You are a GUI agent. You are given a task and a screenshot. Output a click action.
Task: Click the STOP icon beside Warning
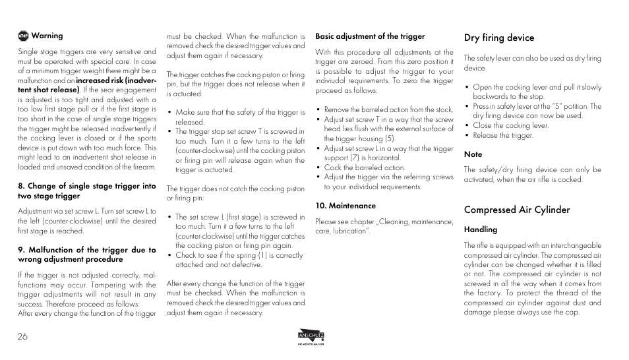click(23, 36)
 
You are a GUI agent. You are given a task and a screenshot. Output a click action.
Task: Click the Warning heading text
click(47, 36)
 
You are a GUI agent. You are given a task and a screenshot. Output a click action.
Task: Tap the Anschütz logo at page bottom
click(311, 337)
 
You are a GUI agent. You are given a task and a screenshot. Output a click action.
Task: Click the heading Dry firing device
click(498, 38)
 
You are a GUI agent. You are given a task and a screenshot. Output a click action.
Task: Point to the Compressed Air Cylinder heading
click(516, 210)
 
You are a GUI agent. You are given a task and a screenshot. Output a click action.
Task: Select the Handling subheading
click(480, 230)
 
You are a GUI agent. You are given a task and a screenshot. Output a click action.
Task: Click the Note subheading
click(473, 154)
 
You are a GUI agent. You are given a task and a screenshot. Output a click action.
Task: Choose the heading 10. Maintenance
click(345, 206)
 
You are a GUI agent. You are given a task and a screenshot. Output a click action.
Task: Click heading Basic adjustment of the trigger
click(370, 36)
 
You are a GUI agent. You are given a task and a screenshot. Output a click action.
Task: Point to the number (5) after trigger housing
click(390, 138)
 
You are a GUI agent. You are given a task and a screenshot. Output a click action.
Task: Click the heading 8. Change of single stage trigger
click(87, 187)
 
